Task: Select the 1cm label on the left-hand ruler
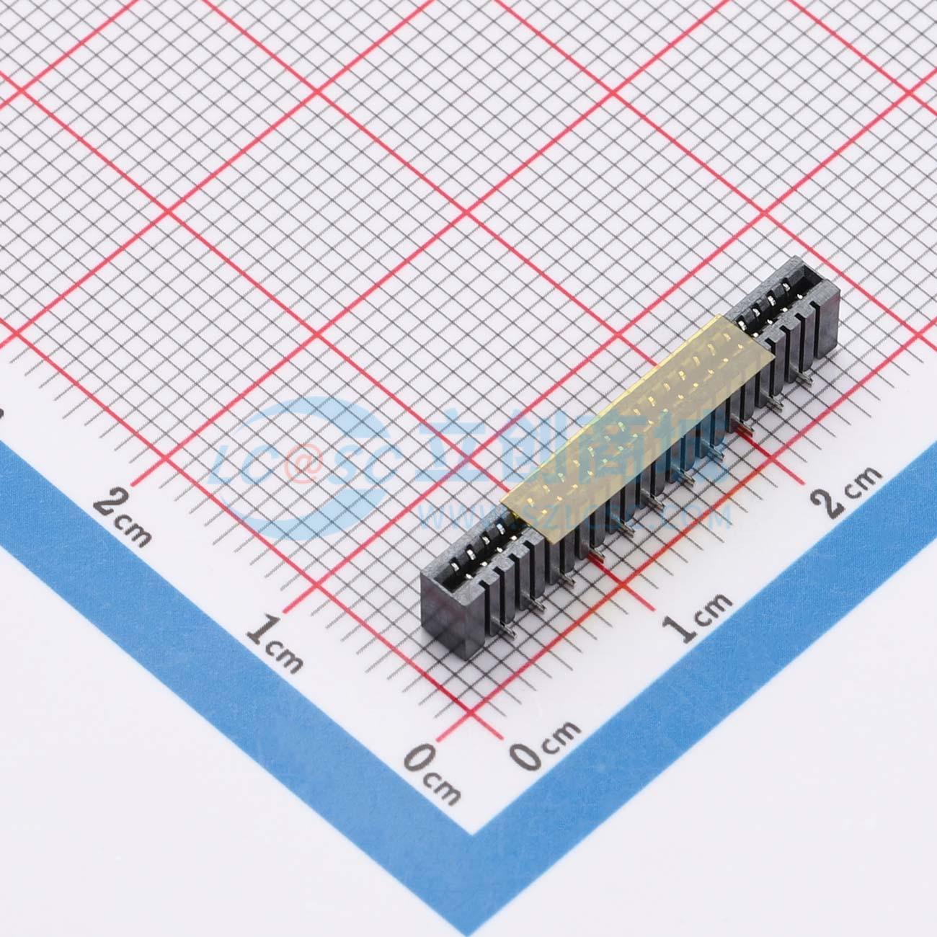[274, 642]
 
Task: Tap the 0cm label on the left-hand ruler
[432, 775]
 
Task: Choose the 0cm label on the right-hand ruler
[543, 745]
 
